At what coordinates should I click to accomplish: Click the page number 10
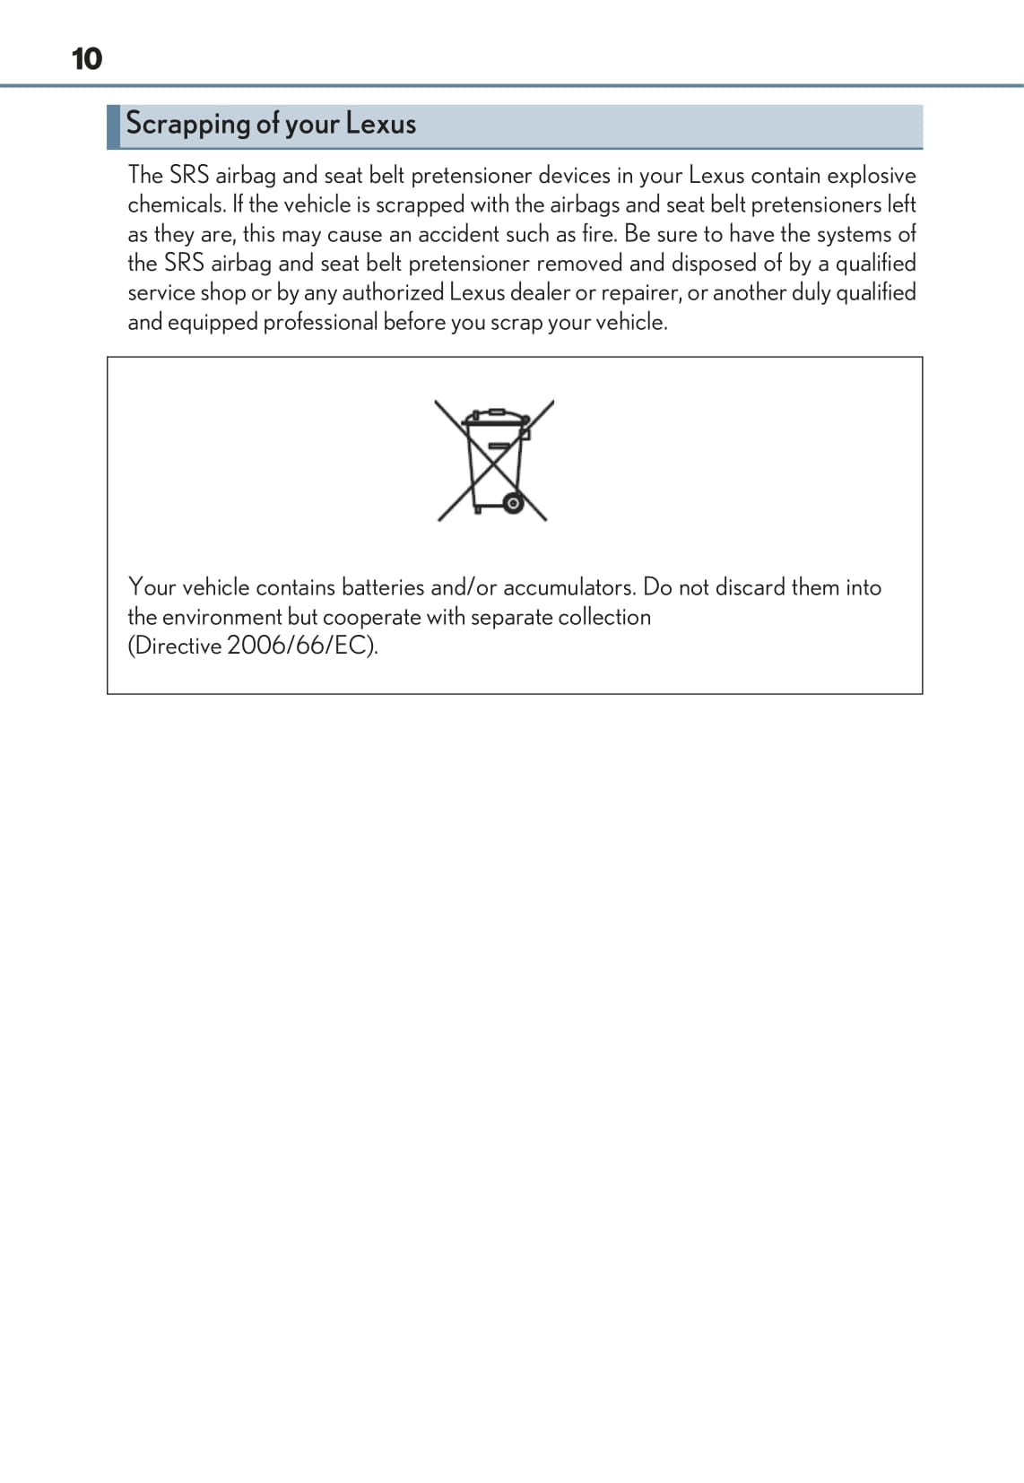point(87,59)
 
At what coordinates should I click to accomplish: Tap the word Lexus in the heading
point(381,124)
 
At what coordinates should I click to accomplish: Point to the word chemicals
point(176,204)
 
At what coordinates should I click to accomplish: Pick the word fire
point(598,234)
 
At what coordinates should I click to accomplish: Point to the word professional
point(320,323)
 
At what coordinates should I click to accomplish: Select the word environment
point(221,617)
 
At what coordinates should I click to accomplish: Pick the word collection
point(604,617)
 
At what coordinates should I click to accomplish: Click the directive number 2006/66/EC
point(299,646)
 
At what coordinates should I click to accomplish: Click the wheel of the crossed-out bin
point(513,503)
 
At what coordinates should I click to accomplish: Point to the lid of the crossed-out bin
point(494,419)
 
